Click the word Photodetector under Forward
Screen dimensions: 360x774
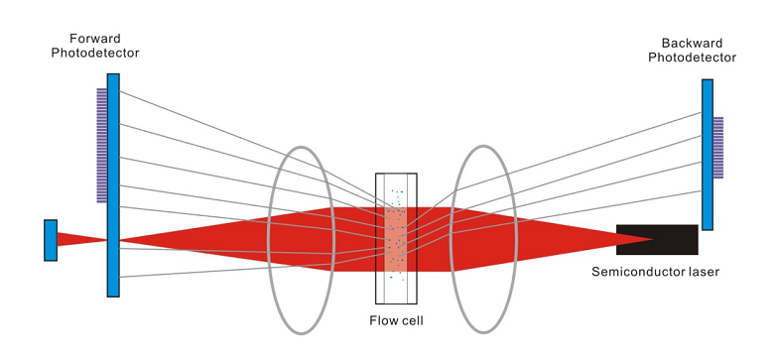95,52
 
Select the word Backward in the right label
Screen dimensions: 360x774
693,44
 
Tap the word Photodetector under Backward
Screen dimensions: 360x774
693,58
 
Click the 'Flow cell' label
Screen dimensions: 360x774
397,319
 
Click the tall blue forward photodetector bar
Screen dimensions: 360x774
114,183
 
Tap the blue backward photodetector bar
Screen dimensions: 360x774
708,154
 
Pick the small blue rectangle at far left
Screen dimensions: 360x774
51,239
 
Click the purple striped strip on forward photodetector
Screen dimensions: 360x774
101,145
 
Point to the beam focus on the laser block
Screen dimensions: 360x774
651,239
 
